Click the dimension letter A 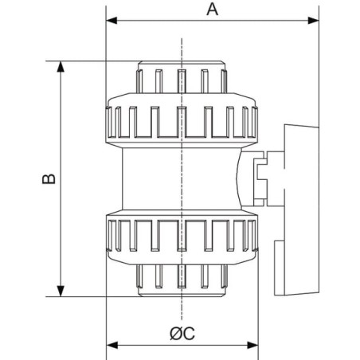pos(213,10)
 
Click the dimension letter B pos(49,178)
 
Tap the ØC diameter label pos(182,334)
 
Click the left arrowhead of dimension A pos(112,21)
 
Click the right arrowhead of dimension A pos(313,21)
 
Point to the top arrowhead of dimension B pos(61,67)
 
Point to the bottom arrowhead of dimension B pos(61,291)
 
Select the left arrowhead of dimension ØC pos(112,346)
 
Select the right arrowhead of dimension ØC pos(252,346)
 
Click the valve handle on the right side pos(301,209)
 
